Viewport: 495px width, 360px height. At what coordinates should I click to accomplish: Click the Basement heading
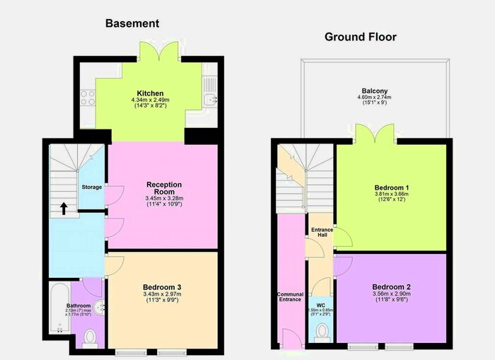(x=132, y=23)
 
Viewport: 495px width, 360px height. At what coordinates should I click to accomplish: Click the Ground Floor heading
(x=360, y=37)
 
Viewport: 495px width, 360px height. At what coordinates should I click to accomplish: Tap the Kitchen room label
(x=151, y=93)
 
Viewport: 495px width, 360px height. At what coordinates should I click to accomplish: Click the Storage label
(x=92, y=187)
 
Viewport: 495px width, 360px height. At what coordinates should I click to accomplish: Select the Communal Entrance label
(x=290, y=298)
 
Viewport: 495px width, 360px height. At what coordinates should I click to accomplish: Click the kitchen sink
(x=211, y=98)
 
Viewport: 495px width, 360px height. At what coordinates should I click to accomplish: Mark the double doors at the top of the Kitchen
(x=157, y=52)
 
